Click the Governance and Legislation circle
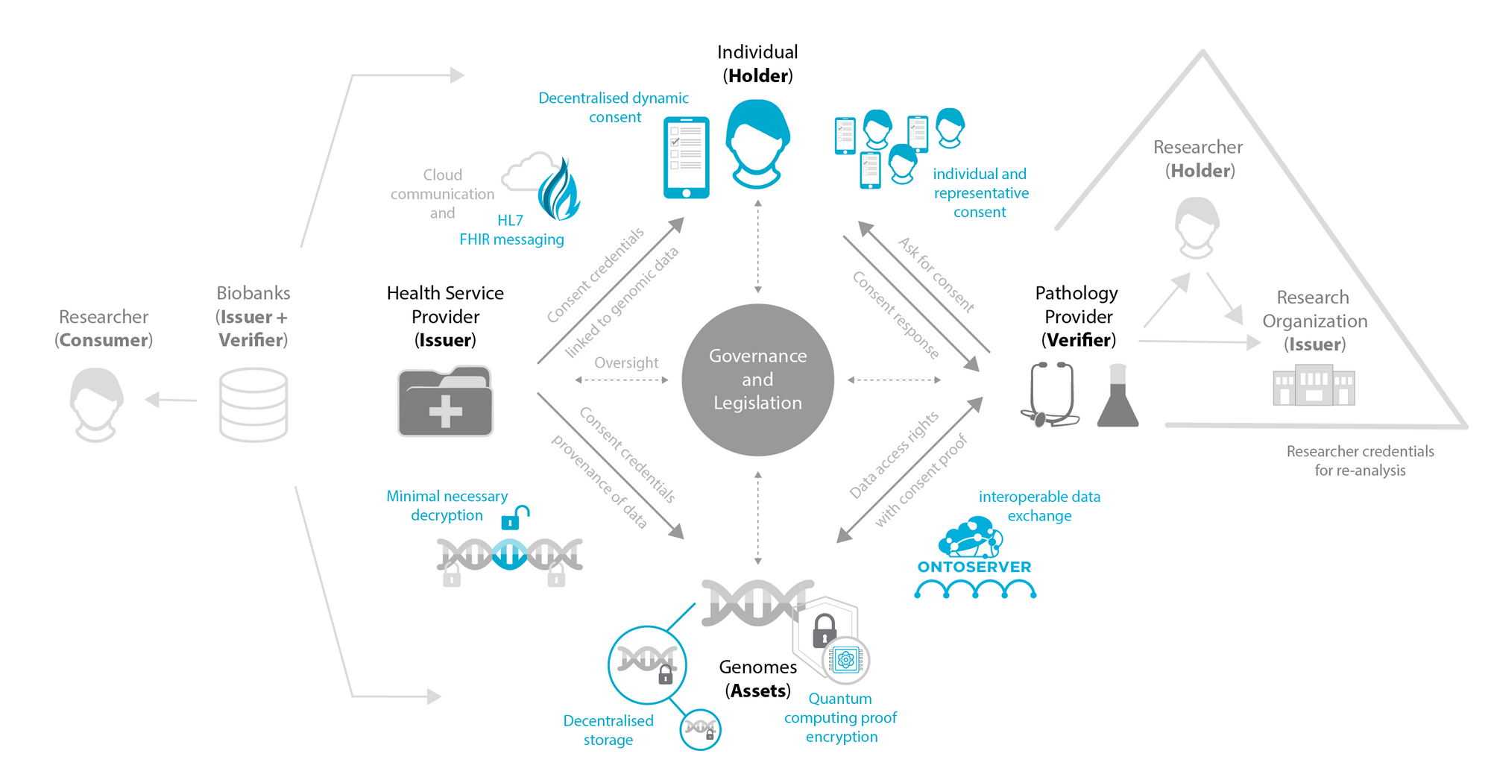pos(757,380)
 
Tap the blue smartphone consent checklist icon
pos(686,157)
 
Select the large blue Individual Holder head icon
pos(757,144)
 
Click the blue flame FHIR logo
pos(559,189)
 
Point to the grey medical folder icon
pos(445,400)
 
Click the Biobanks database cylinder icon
pos(253,404)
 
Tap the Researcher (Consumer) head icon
pos(96,405)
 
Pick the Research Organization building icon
pos(1314,385)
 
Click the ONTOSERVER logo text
pos(974,567)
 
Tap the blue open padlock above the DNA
pos(515,518)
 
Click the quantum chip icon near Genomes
pos(845,660)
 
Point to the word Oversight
pos(626,362)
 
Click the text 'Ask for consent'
pos(936,274)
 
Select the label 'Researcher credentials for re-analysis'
pos(1360,461)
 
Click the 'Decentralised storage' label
pos(608,730)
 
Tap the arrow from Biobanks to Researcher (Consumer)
pos(171,400)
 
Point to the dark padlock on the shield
pos(824,630)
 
